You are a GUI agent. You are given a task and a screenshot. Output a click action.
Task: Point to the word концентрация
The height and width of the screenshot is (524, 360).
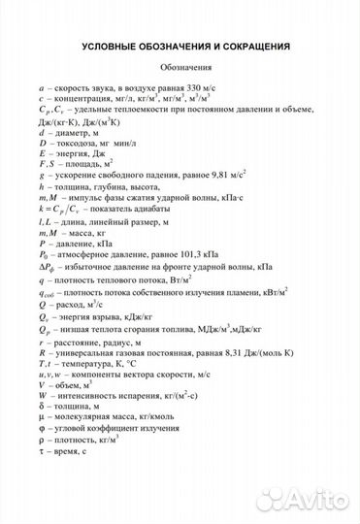coord(91,99)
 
